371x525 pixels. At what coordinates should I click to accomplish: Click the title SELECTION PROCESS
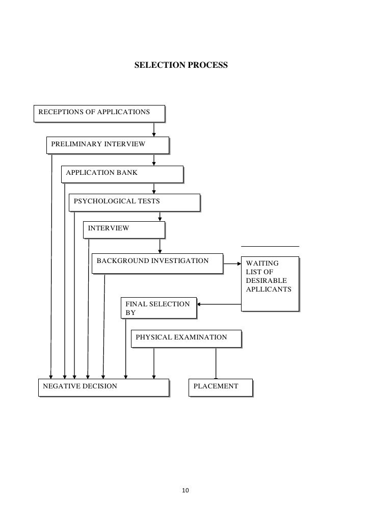(181, 66)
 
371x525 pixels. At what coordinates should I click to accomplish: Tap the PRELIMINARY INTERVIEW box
(108, 144)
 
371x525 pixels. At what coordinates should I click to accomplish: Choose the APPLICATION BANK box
(122, 173)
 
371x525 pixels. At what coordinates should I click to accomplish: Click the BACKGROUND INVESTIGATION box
(157, 262)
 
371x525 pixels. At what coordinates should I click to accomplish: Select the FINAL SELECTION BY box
(158, 308)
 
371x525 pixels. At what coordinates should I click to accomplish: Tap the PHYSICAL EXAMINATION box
(185, 338)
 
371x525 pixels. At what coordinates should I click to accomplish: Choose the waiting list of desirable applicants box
(269, 283)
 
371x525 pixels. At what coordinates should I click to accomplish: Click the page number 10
(185, 491)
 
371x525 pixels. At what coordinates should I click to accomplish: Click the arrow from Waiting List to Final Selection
(219, 305)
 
